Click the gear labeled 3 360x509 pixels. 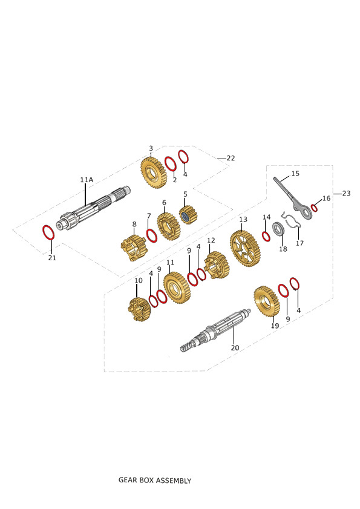coord(153,172)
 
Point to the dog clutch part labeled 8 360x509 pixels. coord(134,248)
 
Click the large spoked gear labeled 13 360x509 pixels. coord(245,248)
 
